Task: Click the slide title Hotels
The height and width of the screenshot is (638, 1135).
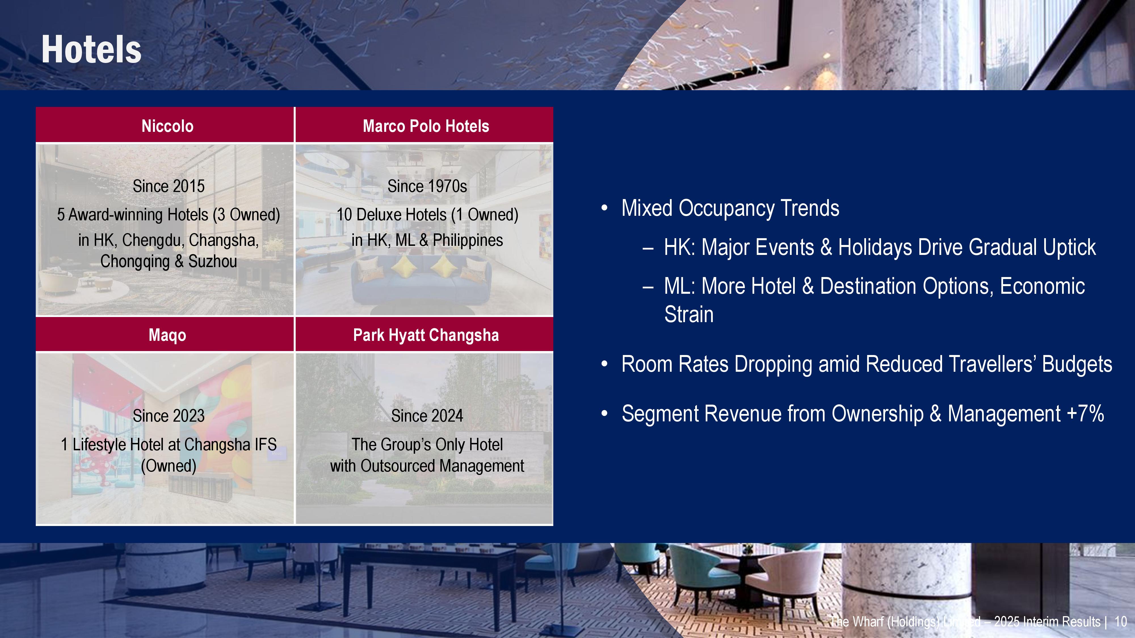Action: [91, 50]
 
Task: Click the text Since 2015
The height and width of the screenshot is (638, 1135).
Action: [169, 186]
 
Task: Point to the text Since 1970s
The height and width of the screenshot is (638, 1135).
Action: [427, 186]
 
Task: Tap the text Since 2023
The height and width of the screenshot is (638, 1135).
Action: [169, 416]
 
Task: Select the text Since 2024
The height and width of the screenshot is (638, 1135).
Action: [427, 416]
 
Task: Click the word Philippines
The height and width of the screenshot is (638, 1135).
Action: [468, 240]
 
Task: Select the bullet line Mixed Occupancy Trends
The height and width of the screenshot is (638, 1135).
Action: [730, 208]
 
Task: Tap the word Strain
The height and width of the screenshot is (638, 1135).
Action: [689, 314]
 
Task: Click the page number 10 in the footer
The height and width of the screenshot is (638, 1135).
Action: [1121, 622]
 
